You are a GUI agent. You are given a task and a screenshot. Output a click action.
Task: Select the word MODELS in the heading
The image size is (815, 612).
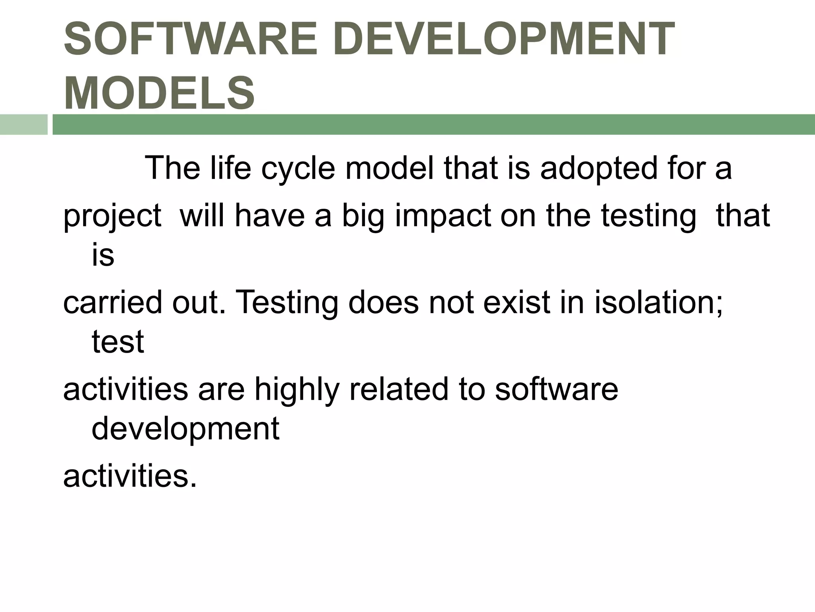click(x=159, y=93)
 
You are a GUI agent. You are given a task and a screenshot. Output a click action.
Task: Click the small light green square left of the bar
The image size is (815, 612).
click(x=23, y=124)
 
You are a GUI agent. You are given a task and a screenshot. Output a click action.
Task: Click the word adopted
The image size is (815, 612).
click(x=599, y=168)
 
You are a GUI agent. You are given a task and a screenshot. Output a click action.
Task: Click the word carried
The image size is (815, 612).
click(x=113, y=302)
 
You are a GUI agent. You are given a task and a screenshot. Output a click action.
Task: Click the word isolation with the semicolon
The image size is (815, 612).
click(x=659, y=302)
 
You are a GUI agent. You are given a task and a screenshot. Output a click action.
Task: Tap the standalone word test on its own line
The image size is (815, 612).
click(x=117, y=342)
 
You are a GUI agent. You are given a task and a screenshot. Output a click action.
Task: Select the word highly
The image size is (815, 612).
click(x=297, y=390)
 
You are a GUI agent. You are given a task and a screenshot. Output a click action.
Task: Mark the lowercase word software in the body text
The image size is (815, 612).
click(x=556, y=389)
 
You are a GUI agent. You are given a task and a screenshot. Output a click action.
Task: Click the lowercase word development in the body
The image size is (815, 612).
click(x=185, y=430)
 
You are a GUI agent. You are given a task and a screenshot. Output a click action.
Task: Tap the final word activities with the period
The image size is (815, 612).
click(x=130, y=476)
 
